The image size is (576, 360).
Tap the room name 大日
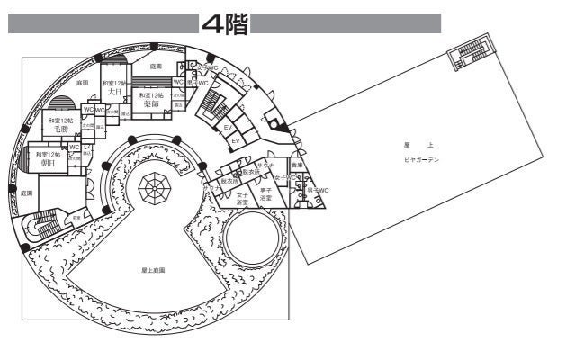click(113, 92)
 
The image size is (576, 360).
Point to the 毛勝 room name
click(62, 130)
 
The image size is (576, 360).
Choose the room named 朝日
click(47, 164)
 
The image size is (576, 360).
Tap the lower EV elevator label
click(235, 141)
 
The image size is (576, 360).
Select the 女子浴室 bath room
click(242, 198)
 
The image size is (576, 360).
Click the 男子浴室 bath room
click(265, 193)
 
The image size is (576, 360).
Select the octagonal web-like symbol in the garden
click(153, 189)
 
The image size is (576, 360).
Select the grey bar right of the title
click(346, 23)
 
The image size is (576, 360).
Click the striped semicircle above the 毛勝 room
click(65, 103)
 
